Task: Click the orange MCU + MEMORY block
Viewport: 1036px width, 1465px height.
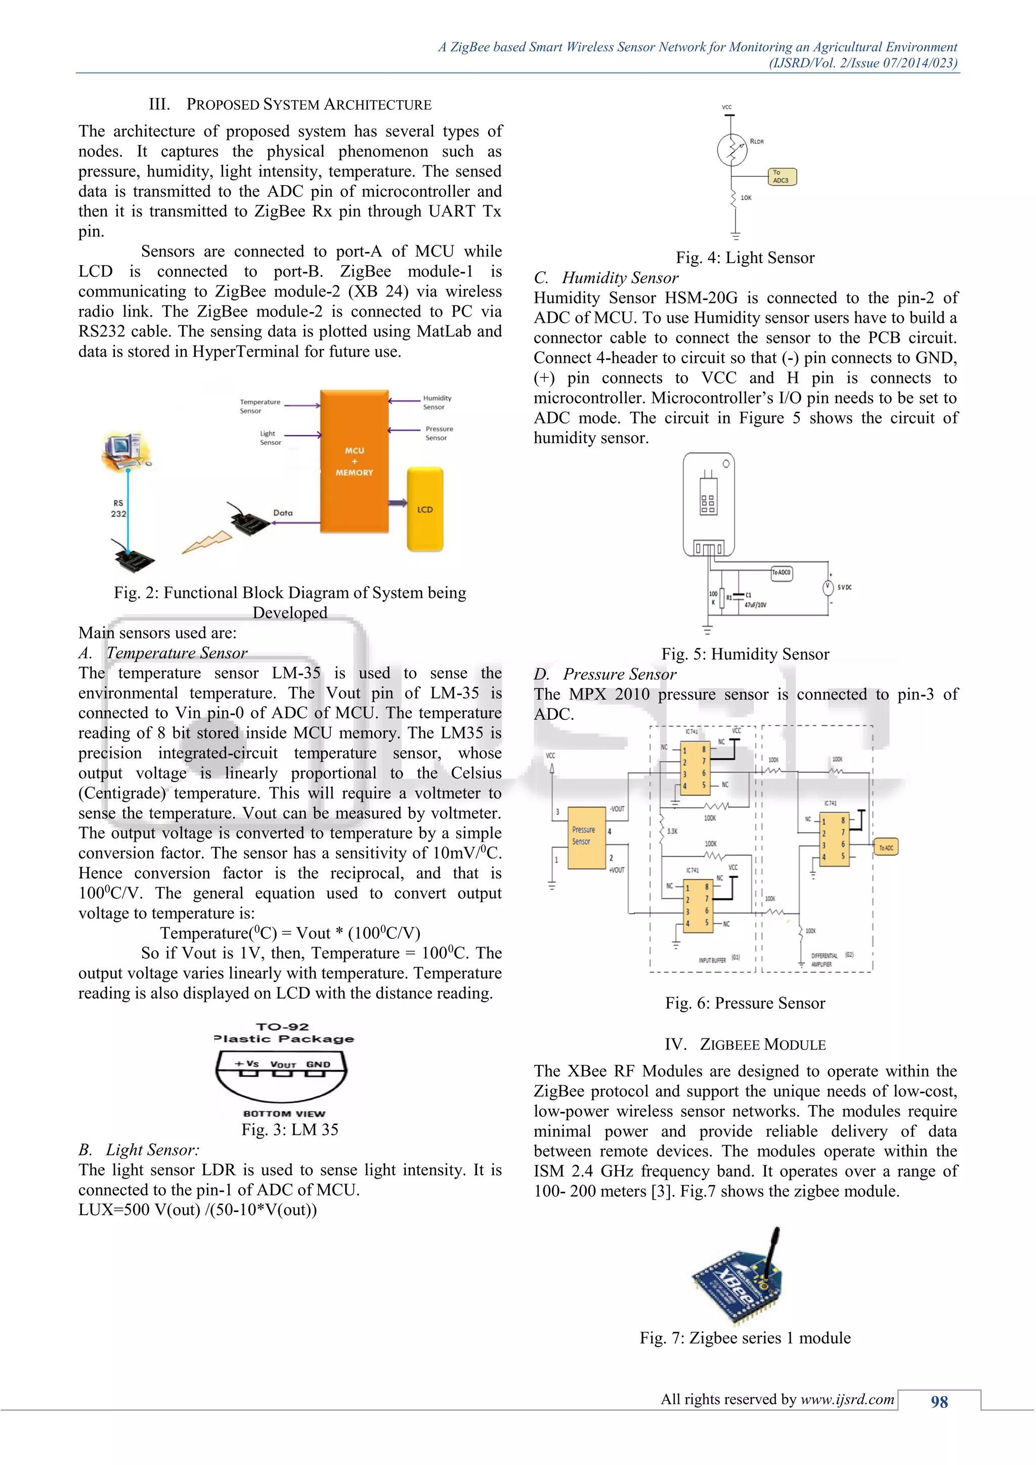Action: (354, 461)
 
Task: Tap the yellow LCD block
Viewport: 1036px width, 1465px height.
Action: (425, 509)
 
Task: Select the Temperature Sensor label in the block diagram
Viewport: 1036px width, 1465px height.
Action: (260, 406)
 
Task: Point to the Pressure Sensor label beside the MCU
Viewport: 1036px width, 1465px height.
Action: (439, 433)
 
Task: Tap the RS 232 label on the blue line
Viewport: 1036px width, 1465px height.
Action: (119, 508)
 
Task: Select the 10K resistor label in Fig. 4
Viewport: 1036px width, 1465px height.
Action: (746, 198)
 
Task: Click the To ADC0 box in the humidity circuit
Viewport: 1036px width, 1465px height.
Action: (782, 572)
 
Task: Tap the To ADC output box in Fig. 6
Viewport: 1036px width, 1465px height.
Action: (886, 847)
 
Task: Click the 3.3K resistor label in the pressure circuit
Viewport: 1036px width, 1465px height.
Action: (672, 832)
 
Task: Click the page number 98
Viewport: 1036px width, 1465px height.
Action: (939, 1402)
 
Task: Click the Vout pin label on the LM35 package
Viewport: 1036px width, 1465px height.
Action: (283, 1064)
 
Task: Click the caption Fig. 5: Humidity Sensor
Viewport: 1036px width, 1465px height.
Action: (745, 654)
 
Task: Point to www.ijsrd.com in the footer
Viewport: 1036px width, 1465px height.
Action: (847, 1399)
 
